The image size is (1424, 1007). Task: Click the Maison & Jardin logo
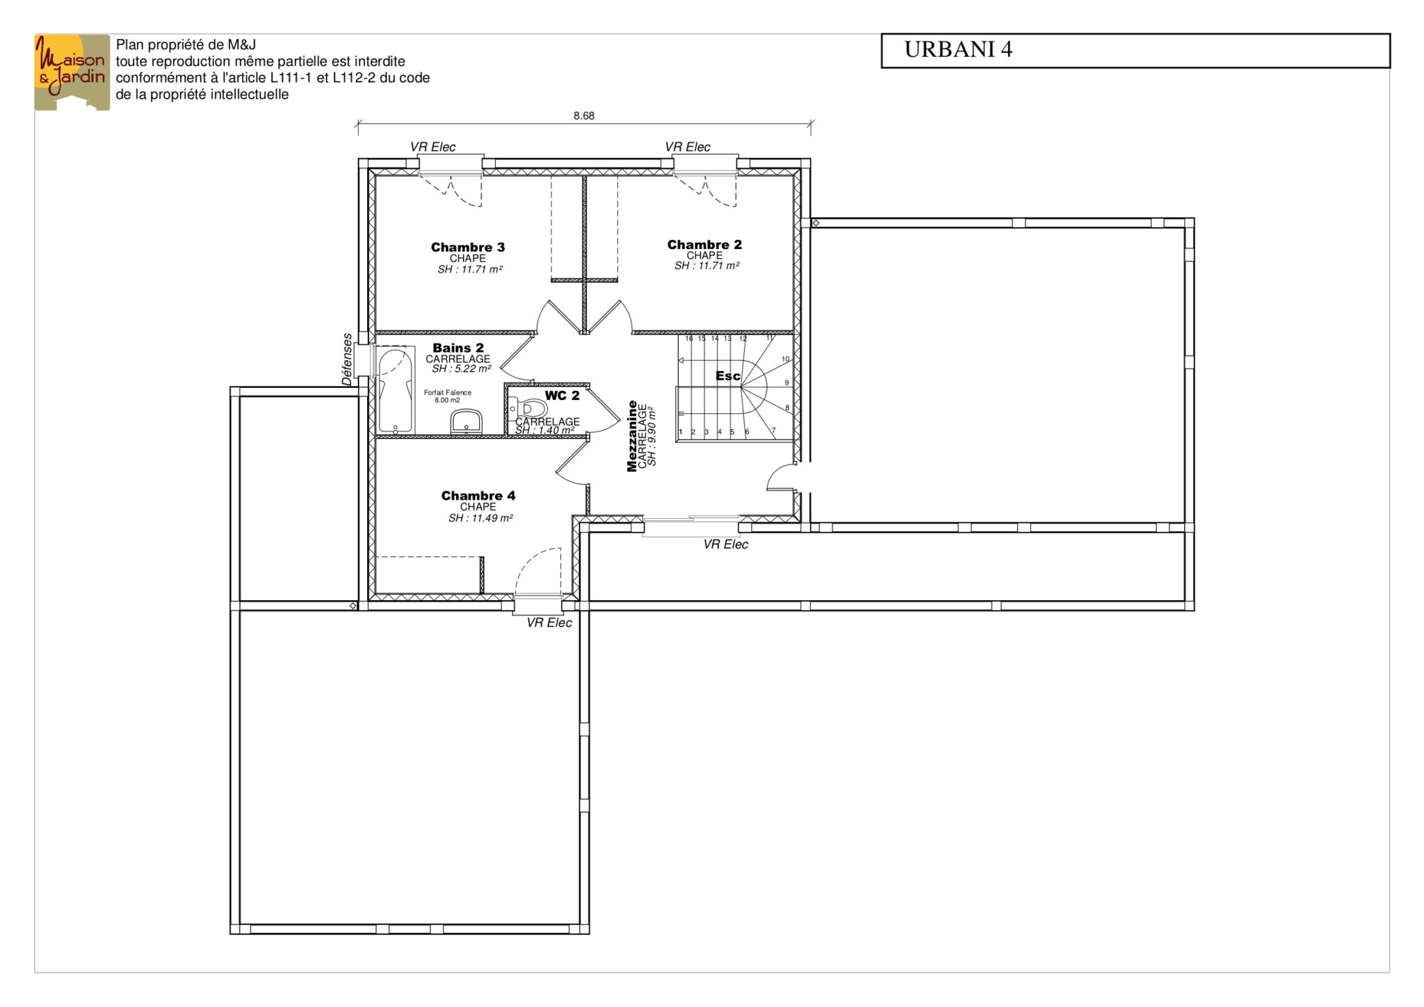coord(72,72)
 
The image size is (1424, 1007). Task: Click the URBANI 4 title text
coord(958,49)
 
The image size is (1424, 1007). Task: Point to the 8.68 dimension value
coord(584,116)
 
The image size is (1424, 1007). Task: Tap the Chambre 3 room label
coord(468,247)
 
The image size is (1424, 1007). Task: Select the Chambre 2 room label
coord(704,244)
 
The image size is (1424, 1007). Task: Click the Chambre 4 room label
coord(478,495)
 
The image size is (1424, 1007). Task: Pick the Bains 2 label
coord(458,348)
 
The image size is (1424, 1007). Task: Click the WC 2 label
coord(562,395)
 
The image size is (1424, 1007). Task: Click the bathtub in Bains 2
coord(396,389)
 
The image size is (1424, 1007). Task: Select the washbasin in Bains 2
coord(466,421)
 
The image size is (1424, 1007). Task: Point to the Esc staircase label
coord(728,376)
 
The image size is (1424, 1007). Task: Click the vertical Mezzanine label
coord(632,436)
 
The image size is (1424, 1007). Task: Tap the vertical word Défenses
coord(347,359)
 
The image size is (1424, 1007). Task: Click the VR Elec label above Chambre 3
coord(432,147)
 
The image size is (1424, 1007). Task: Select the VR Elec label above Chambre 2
coord(688,147)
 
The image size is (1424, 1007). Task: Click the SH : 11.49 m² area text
coord(480,518)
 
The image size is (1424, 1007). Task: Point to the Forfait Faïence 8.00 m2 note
coord(448,396)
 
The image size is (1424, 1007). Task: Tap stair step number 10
coord(786,360)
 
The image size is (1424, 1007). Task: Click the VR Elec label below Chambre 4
coord(549,622)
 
